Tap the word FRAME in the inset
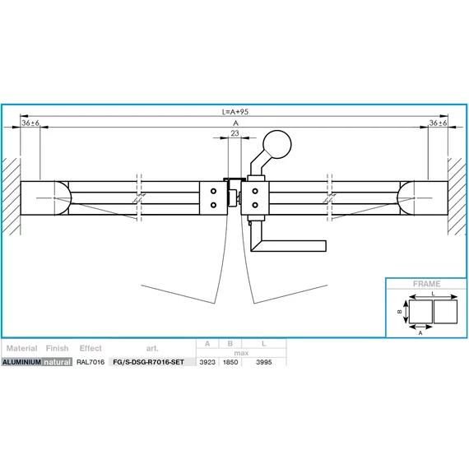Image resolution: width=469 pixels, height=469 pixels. (425, 284)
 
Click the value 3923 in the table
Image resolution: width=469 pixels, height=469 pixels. (207, 361)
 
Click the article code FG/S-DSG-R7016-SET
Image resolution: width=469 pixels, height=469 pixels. (148, 361)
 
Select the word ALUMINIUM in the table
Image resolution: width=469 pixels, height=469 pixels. (22, 361)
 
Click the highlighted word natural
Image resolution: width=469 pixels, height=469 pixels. (57, 361)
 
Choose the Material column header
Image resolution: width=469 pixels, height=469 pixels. (21, 348)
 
